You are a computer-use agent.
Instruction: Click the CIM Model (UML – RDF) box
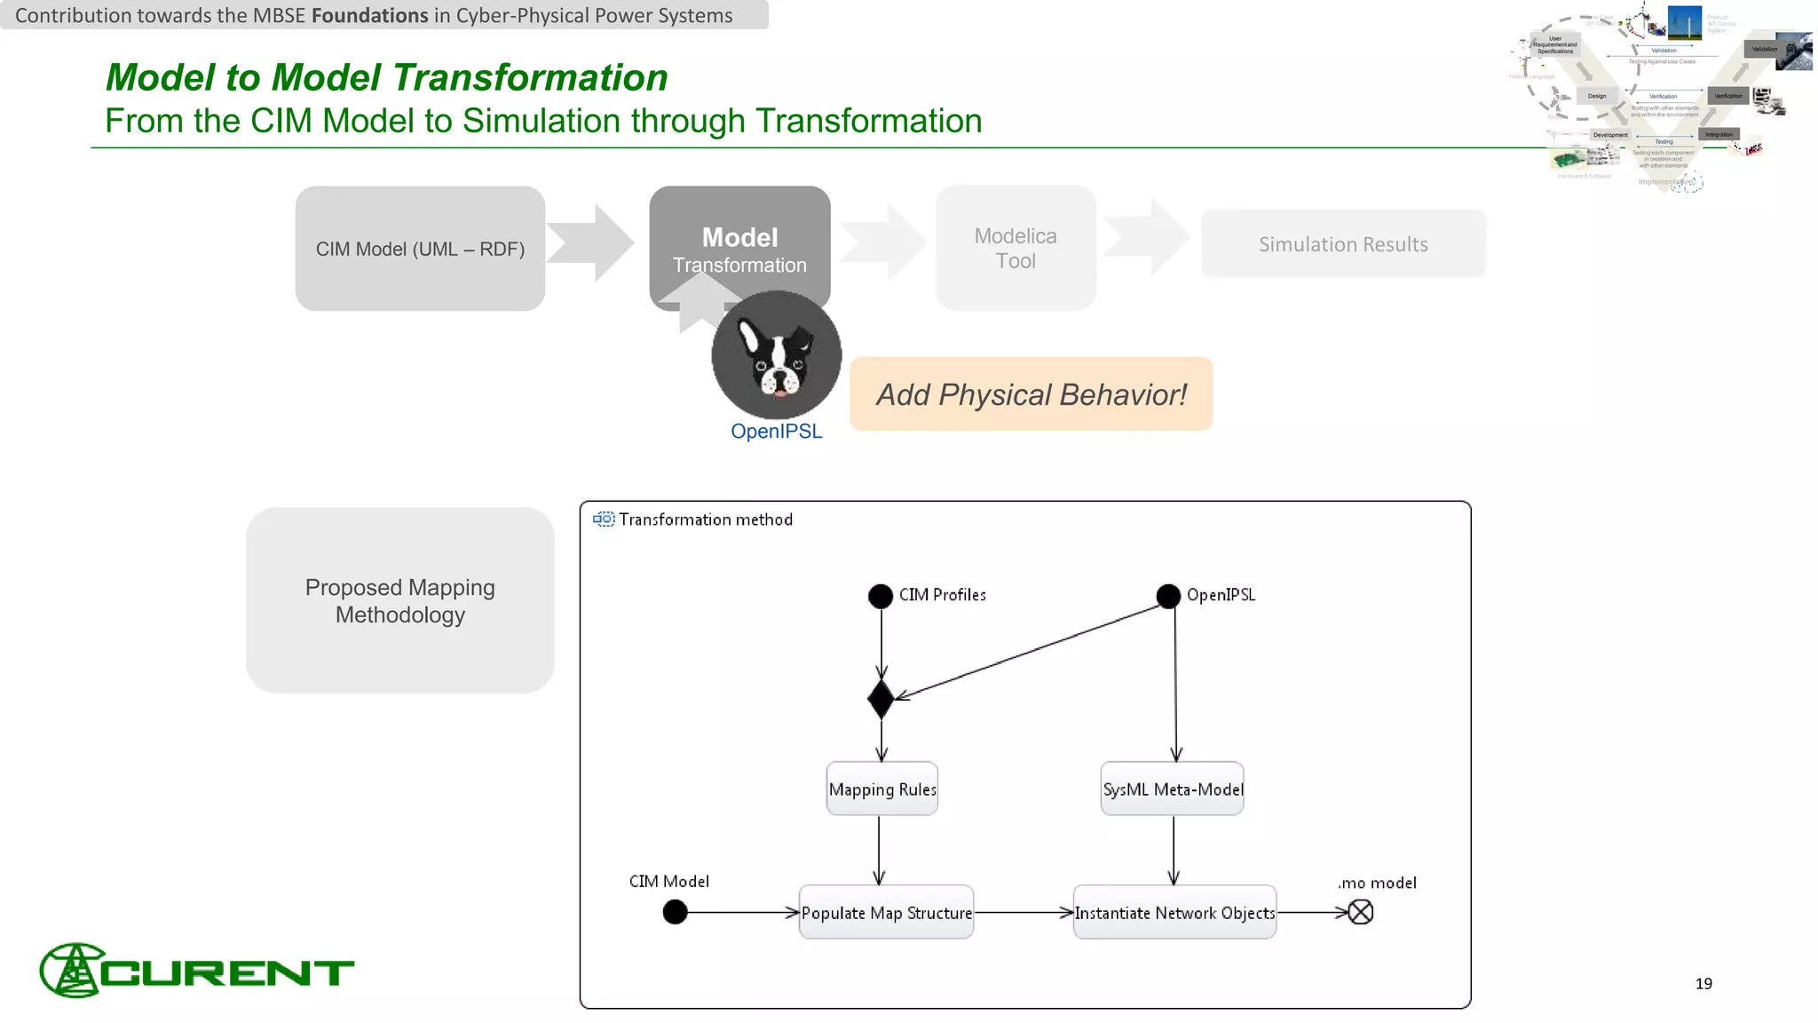pos(420,249)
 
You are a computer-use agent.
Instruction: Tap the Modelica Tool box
pos(1016,248)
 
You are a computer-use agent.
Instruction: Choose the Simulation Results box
pos(1343,244)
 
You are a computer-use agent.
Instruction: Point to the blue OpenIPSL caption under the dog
pos(776,432)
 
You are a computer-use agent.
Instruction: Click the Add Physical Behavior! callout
pos(1031,394)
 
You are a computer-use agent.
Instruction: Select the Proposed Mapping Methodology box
pos(400,600)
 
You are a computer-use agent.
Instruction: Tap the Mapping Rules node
pos(881,789)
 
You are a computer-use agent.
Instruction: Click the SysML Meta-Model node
pos(1173,789)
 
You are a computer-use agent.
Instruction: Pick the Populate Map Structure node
pos(886,912)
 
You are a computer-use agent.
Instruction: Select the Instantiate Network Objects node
pos(1174,912)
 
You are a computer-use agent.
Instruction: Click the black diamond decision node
pos(881,700)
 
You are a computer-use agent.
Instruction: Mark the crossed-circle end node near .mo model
pos(1360,912)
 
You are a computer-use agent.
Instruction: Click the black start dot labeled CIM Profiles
pos(881,596)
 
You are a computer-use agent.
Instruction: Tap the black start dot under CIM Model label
pos(675,912)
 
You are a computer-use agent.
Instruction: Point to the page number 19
pos(1703,983)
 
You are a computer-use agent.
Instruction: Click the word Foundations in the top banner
pos(369,15)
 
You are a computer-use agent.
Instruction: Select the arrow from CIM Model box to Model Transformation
pos(590,243)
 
